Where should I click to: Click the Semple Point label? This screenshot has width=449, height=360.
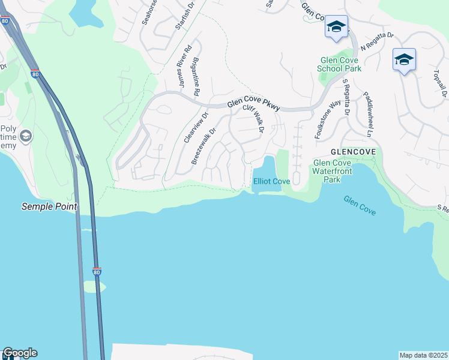coord(49,206)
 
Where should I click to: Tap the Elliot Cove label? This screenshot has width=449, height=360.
coord(272,181)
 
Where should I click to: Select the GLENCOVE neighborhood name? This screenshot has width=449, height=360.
coord(353,152)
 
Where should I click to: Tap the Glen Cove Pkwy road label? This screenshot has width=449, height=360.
coord(254,107)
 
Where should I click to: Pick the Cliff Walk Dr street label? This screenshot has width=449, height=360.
coord(253,118)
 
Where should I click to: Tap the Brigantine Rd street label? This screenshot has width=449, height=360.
coord(196,76)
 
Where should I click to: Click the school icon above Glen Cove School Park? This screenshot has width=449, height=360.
coord(336,27)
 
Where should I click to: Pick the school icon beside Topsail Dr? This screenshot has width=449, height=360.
coord(404,60)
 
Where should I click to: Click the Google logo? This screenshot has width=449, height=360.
coord(20,353)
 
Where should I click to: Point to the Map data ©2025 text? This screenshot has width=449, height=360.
coord(423,355)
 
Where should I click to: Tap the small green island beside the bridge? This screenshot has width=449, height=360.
coord(94,287)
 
